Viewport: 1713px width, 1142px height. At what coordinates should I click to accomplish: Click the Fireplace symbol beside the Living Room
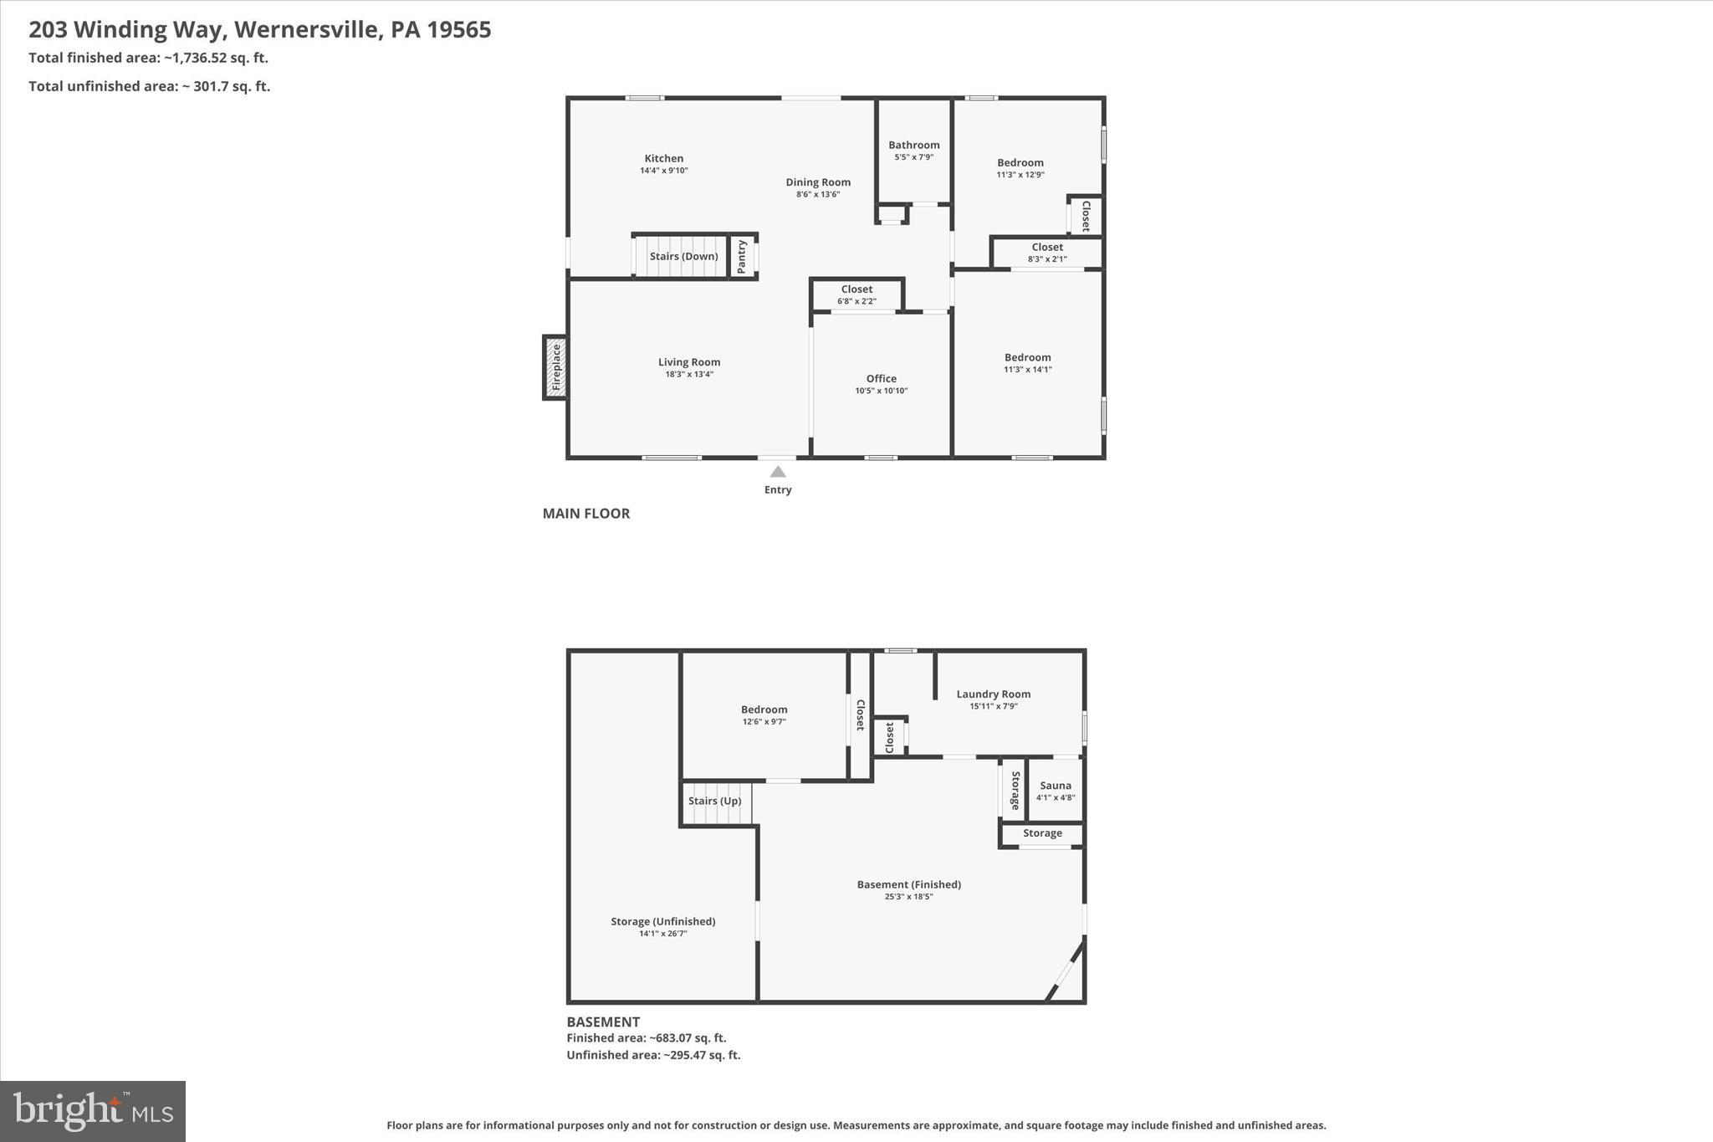(555, 368)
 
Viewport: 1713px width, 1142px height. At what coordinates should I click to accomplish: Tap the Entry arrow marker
(778, 472)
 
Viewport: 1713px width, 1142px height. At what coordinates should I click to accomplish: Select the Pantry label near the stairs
(742, 256)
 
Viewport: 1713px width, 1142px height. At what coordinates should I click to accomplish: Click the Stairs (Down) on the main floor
(683, 256)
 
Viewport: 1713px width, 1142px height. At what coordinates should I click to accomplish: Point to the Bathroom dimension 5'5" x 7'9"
(913, 157)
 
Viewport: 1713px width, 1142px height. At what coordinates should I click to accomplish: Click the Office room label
(881, 379)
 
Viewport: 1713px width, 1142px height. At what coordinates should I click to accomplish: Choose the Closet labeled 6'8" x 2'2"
(856, 294)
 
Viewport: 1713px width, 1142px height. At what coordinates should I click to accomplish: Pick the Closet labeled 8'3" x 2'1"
(1047, 253)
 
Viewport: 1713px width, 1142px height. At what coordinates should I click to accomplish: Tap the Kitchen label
(663, 158)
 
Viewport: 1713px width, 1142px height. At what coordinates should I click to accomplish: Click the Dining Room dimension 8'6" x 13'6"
(818, 194)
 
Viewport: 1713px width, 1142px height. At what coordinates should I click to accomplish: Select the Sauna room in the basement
(1055, 790)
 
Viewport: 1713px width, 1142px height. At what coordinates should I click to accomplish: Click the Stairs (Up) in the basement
(715, 801)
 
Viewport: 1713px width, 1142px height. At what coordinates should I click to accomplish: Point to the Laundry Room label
(993, 694)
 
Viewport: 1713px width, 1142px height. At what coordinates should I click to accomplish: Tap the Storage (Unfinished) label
(662, 922)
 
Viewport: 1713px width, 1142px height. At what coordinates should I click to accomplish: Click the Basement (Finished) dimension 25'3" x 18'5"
(908, 897)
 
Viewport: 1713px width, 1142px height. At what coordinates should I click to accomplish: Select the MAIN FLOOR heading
(585, 514)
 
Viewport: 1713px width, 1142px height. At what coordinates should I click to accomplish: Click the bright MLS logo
(93, 1111)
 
